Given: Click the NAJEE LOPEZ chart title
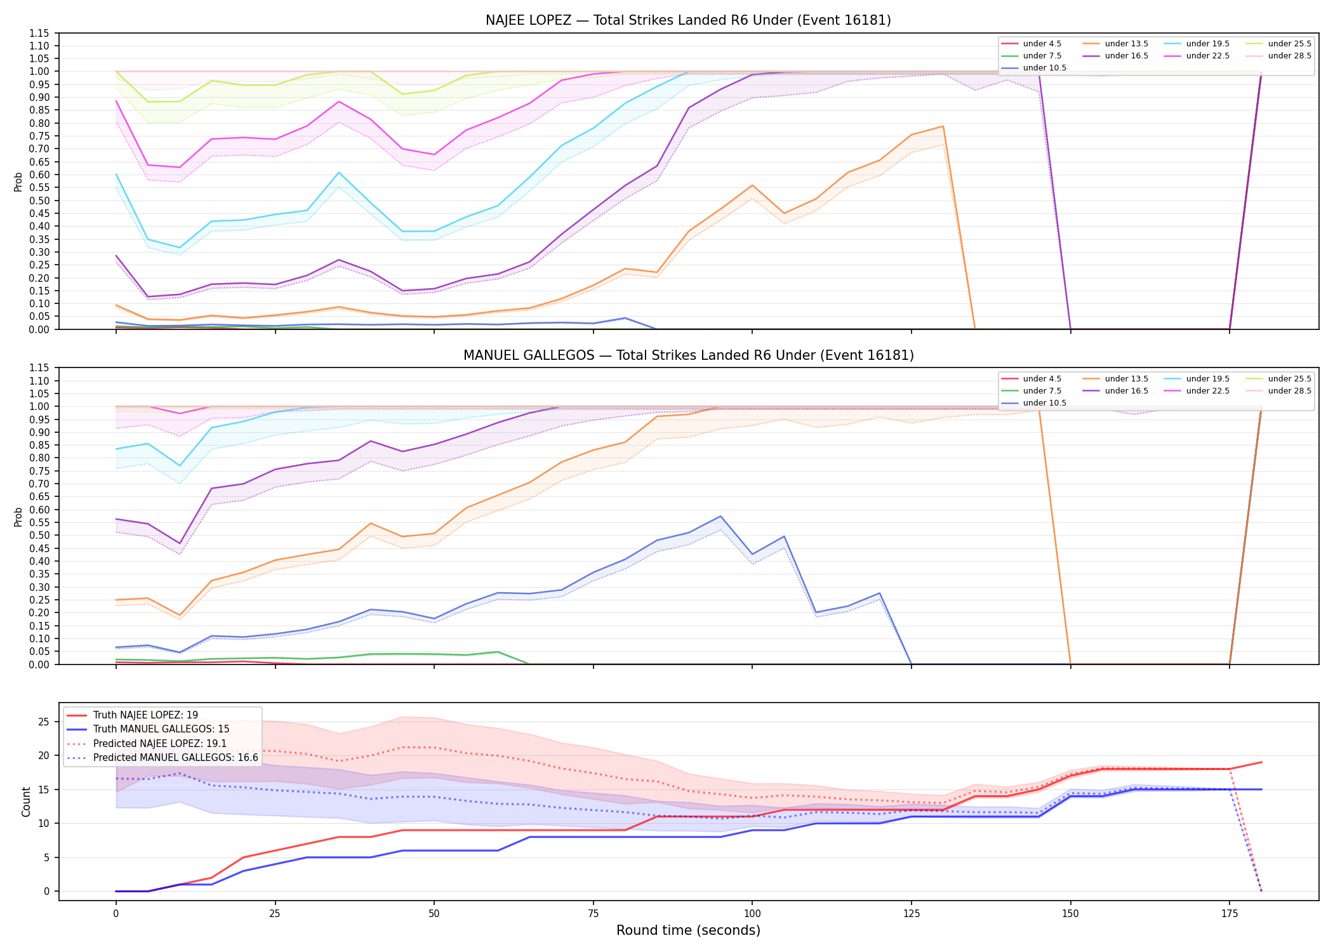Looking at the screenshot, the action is tap(688, 20).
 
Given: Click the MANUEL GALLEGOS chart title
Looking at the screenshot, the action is tap(688, 355).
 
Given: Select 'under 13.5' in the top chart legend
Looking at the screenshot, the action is tap(1126, 44).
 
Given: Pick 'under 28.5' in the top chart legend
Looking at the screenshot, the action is tap(1289, 56).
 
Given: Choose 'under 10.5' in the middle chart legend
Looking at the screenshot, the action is tap(1045, 403).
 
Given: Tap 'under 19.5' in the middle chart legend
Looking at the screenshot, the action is tap(1207, 379).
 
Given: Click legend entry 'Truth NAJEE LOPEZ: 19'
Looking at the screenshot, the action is tap(145, 715).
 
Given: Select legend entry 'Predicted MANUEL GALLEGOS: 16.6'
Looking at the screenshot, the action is tap(176, 758).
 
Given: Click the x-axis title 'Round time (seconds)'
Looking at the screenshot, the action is tap(688, 930).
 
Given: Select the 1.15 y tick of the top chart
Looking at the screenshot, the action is tap(39, 33).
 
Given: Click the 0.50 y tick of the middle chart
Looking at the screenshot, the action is tap(39, 535).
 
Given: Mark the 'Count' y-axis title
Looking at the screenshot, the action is tap(26, 802).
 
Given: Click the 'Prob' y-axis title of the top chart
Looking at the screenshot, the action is tap(18, 182).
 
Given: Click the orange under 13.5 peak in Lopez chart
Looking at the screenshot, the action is tap(943, 126).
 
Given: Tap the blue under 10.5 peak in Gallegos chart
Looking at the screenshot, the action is tap(720, 516).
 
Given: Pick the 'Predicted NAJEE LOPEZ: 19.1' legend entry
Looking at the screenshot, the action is tap(160, 744).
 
